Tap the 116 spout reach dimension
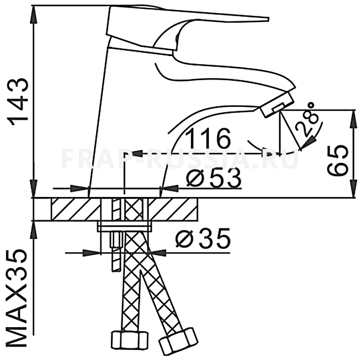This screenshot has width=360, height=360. click(208, 138)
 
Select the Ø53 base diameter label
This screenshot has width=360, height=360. click(214, 177)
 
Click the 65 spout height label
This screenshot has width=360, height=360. click(337, 160)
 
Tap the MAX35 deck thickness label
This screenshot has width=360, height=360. click(15, 298)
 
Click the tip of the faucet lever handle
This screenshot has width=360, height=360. click(268, 19)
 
